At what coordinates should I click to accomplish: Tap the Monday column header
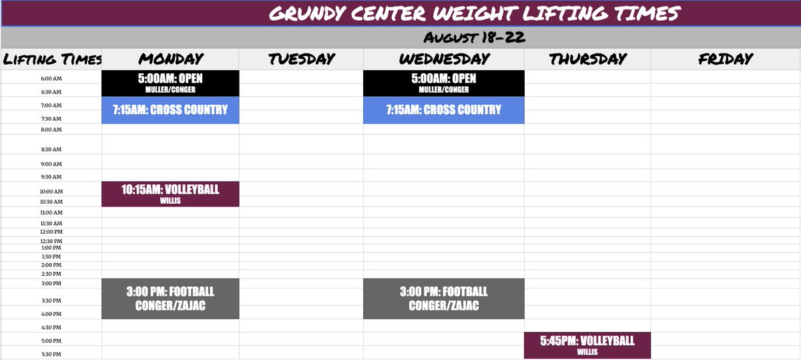[171, 59]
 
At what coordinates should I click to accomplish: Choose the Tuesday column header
[301, 59]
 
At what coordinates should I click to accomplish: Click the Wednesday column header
[444, 59]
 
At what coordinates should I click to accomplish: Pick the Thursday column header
[587, 59]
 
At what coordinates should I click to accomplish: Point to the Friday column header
[726, 59]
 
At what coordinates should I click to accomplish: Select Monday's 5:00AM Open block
[170, 83]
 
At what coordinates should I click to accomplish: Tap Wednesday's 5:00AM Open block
[444, 83]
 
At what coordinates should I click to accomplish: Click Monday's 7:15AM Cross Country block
[170, 110]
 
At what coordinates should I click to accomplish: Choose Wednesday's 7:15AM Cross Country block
[444, 110]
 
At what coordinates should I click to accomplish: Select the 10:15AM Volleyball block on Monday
[170, 194]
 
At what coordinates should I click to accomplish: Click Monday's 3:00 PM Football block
[170, 299]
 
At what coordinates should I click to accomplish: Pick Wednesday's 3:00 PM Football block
[444, 299]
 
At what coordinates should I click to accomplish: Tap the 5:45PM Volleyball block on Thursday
[587, 345]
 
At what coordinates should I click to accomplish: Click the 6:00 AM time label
[51, 77]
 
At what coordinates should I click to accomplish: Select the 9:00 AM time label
[51, 164]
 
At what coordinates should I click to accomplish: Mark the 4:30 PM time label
[51, 327]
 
